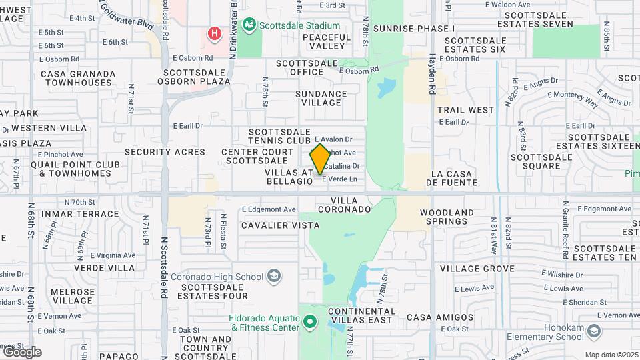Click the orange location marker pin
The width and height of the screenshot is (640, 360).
click(x=320, y=159)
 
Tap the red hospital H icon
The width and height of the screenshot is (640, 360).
click(x=214, y=33)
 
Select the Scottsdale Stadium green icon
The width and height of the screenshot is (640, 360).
click(x=249, y=25)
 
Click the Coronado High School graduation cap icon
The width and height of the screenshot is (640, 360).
click(x=273, y=277)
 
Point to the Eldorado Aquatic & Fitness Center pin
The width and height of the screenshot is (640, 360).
click(x=309, y=323)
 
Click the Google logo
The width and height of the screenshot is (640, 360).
click(x=22, y=352)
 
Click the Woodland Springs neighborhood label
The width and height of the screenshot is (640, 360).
click(x=447, y=217)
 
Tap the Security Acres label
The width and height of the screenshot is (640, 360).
click(x=165, y=152)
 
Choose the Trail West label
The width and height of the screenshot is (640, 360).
click(x=466, y=110)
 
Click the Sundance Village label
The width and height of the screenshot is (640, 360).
click(x=321, y=98)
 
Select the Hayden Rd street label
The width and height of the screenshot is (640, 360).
click(x=432, y=74)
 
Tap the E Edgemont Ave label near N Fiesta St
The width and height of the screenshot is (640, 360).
click(x=269, y=209)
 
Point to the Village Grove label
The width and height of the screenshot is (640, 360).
click(x=477, y=269)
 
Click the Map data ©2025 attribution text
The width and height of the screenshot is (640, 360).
click(x=610, y=355)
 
